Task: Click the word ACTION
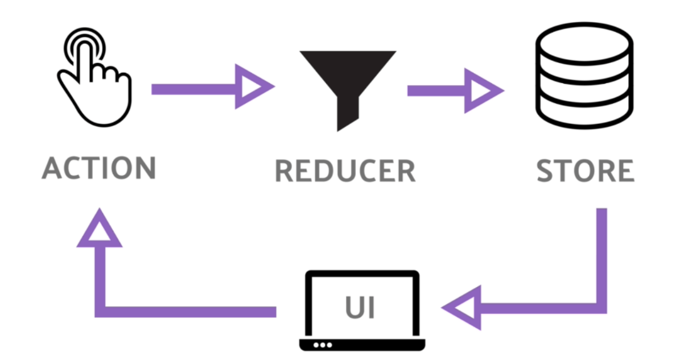click(x=99, y=168)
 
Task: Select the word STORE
click(x=586, y=171)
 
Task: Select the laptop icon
click(x=362, y=311)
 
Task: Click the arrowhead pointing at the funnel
click(x=253, y=88)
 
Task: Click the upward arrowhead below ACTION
click(x=100, y=230)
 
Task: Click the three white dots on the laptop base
click(x=322, y=345)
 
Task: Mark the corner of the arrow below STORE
click(x=601, y=308)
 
